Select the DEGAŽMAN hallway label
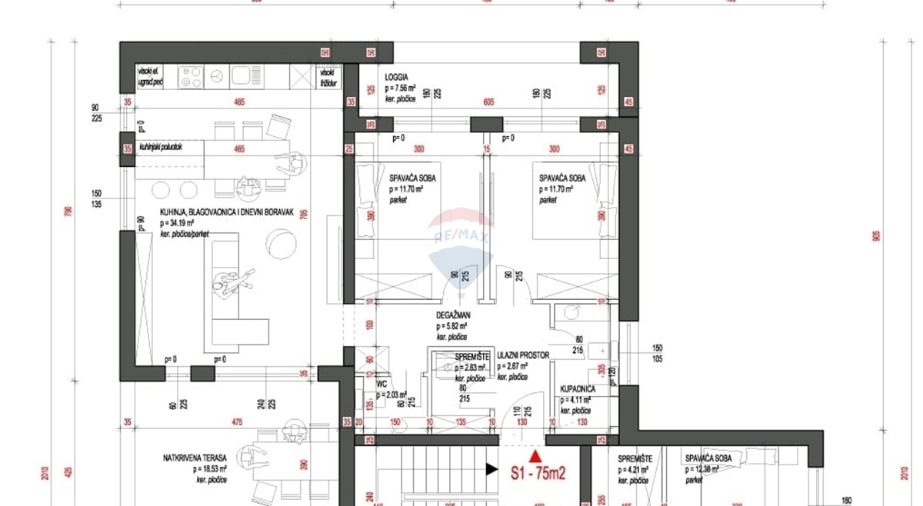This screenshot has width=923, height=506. coord(455,315)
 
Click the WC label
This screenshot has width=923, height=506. coord(381,383)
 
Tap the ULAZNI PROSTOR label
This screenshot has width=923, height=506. coord(523,356)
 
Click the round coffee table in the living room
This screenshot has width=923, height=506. coord(282,245)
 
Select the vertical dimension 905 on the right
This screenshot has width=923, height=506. coord(876,237)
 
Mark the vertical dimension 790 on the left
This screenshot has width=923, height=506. coord(68,211)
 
